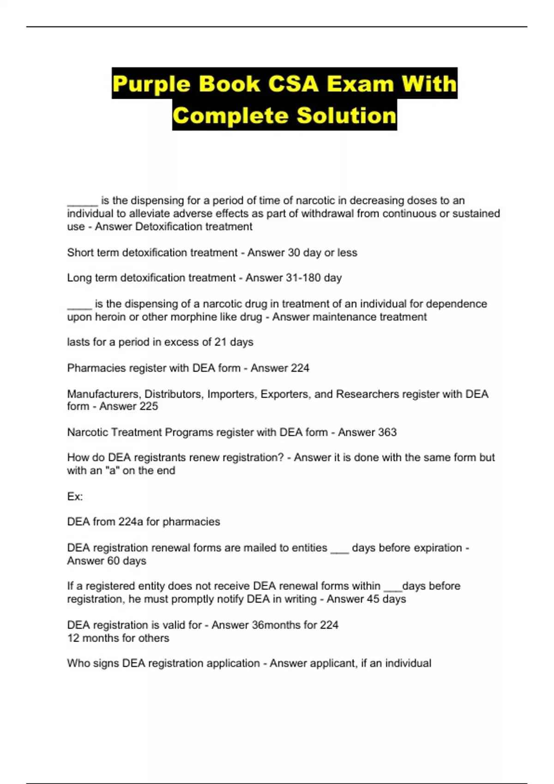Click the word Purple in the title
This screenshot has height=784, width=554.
(151, 84)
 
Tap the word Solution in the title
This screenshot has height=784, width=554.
(346, 115)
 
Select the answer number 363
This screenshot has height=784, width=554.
(387, 432)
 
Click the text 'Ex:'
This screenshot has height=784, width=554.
(75, 497)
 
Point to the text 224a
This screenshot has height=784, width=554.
(131, 522)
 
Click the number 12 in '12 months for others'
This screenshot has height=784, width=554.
(73, 638)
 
